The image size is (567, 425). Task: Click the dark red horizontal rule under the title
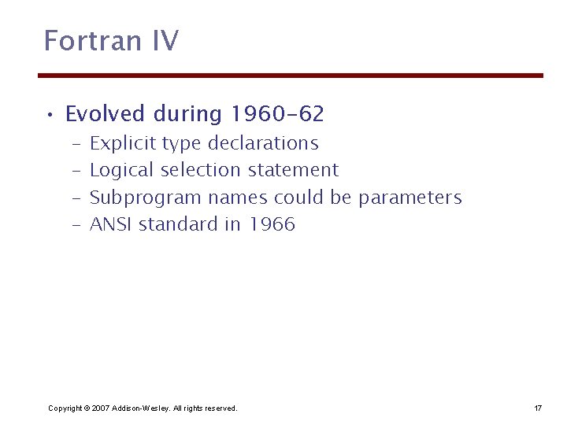pos(291,76)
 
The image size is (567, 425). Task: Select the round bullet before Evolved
pos(50,116)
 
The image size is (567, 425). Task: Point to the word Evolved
pos(106,115)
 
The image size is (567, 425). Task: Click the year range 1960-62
pos(277,115)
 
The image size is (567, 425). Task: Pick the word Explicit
pos(124,144)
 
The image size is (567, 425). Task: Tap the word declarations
pos(263,144)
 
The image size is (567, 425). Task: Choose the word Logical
pos(123,171)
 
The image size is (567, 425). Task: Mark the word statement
pos(293,170)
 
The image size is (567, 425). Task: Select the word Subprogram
pos(146,198)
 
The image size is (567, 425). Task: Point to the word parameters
pos(409,198)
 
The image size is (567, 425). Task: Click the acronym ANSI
pos(112,224)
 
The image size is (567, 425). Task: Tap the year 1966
pos(272,224)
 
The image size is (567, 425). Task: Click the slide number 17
pos(538,408)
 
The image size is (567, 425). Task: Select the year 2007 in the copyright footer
pos(100,408)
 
